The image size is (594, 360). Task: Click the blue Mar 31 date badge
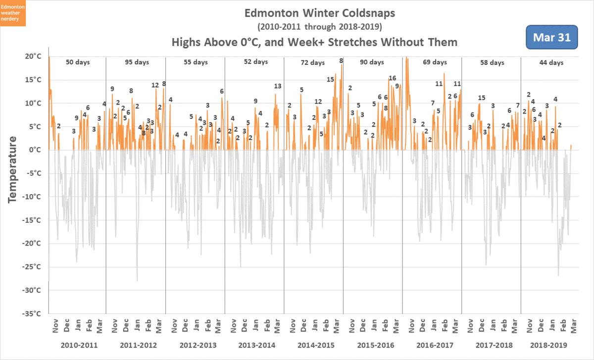(552, 37)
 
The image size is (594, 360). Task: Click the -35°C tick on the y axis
(30, 313)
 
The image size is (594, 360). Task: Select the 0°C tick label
(33, 150)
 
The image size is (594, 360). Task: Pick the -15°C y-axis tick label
(30, 220)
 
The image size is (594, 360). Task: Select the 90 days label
(372, 62)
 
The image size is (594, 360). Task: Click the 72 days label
(313, 63)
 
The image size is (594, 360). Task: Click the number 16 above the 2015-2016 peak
(393, 78)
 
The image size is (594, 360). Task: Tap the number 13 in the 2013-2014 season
(278, 86)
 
